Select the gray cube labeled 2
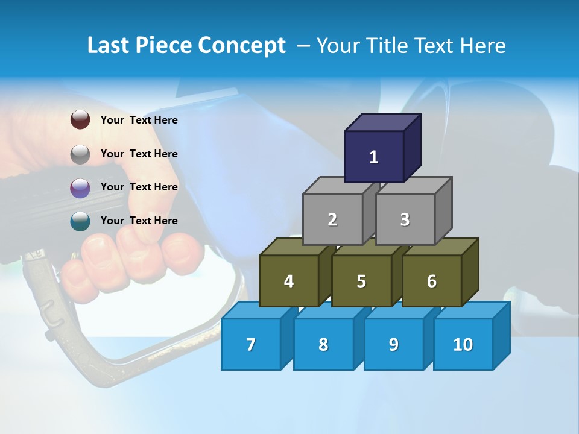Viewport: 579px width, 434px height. (332, 219)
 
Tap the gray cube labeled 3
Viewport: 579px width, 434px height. (405, 219)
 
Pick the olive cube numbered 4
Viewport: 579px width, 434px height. (289, 281)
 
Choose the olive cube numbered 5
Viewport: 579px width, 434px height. (361, 281)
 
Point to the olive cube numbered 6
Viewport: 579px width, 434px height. (432, 281)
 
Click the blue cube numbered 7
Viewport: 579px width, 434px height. (251, 344)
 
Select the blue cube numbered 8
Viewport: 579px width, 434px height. (323, 344)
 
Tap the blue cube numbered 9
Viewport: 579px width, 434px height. (394, 344)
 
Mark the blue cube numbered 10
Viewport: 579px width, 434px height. (463, 344)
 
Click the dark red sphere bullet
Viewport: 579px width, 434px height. (80, 120)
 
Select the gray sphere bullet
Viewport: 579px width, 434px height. (80, 154)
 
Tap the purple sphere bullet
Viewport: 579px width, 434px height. (80, 188)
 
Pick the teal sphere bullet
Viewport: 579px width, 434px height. (80, 221)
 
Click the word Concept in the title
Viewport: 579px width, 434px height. (242, 46)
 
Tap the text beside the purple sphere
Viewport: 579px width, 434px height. (139, 187)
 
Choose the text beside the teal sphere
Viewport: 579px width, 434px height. (139, 221)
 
